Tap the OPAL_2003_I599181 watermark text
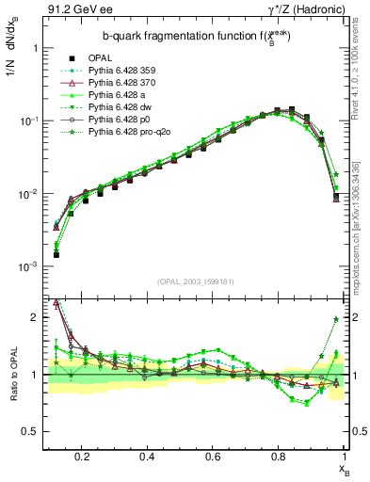click(x=197, y=281)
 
